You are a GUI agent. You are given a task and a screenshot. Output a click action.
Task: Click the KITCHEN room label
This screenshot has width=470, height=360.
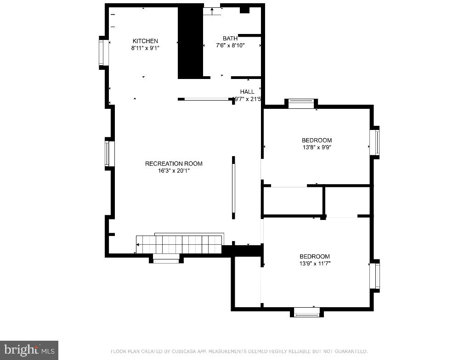coord(145,41)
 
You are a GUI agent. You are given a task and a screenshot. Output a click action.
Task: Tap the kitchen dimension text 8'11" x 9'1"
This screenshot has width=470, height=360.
coord(145,48)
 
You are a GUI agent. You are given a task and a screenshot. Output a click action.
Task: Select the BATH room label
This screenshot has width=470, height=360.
coord(230,39)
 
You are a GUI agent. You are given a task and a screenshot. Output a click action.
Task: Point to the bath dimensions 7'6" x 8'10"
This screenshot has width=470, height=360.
coord(230,45)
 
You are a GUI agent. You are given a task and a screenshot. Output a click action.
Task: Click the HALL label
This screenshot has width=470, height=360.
coord(247,92)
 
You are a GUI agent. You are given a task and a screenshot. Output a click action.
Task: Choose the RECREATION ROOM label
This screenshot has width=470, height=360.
coord(174,163)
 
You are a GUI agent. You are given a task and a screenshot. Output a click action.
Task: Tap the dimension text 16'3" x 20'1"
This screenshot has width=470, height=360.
coord(174,171)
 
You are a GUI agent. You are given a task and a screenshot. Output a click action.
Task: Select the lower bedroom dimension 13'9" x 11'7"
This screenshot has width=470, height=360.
coord(315,264)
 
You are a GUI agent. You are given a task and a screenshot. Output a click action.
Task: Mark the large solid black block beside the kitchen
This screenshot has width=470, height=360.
coord(190,41)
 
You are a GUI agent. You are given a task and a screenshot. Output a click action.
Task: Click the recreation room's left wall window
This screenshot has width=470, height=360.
coord(109,153)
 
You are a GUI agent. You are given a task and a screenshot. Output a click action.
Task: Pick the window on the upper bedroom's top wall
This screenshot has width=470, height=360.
coord(301,104)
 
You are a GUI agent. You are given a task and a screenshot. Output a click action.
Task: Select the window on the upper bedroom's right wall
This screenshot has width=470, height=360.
coord(376,142)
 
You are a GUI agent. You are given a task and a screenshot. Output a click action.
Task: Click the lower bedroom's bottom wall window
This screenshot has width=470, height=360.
coord(306,313)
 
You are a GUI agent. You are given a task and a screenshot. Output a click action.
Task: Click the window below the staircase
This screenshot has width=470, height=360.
coord(166,259)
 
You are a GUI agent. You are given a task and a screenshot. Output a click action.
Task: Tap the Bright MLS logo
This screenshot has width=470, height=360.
coord(28,350)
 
